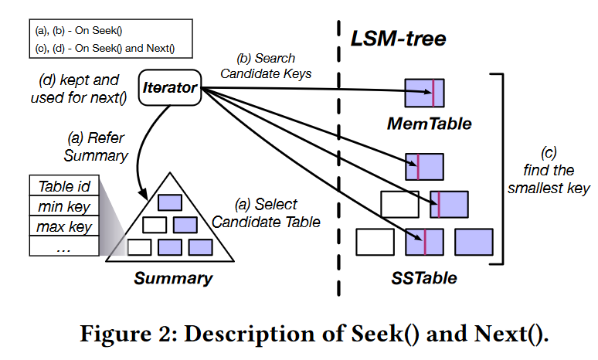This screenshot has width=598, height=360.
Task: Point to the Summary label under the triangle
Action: click(x=173, y=278)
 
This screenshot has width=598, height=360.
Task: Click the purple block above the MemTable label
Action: click(x=424, y=93)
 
